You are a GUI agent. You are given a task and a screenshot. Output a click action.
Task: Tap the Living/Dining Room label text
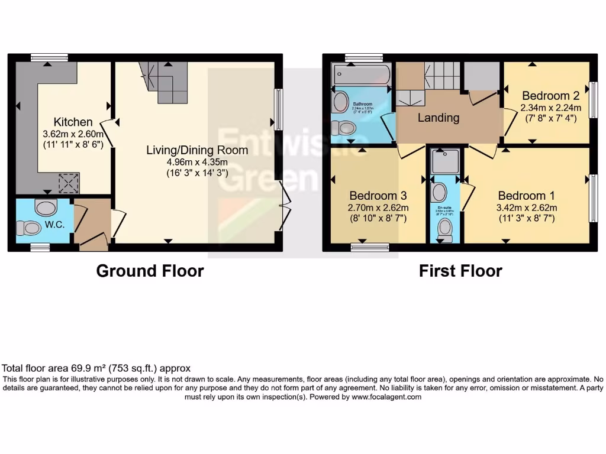pos(197,150)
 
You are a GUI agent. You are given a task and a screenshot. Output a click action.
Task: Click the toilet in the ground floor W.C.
pos(30,228)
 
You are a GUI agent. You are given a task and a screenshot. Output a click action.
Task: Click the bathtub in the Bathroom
pos(361,76)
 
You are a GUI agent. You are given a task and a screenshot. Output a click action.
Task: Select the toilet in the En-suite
pos(443,230)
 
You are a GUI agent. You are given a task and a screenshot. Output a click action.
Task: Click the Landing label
pos(439,118)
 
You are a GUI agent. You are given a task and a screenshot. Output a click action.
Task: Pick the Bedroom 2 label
pos(550,96)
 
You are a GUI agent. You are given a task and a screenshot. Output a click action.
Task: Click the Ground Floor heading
pos(150,271)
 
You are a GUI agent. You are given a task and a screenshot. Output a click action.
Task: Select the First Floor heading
pos(460,271)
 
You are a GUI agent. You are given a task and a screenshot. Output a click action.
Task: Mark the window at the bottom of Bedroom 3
pos(370,247)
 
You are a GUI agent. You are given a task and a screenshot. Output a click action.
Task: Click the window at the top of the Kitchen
pos(49,58)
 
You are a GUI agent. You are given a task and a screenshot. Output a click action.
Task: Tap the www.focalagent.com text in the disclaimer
pos(386,397)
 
